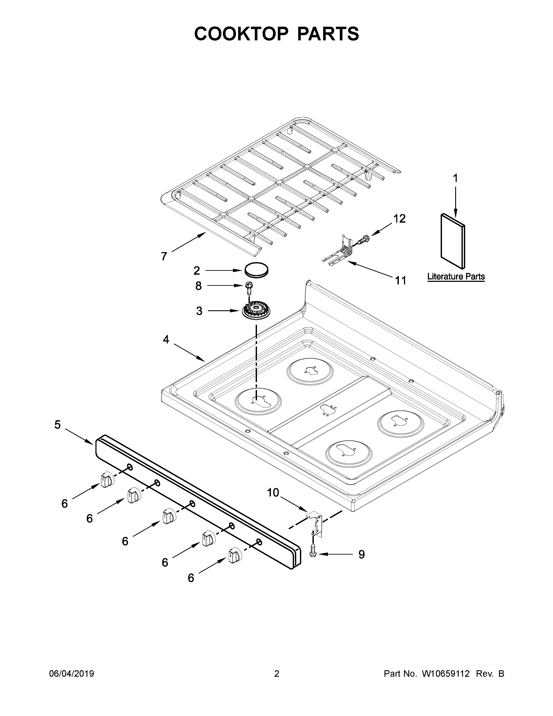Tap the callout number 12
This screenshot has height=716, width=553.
399,219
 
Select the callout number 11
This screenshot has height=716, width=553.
400,280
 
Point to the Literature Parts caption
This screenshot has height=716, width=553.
456,276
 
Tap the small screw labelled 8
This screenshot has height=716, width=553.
248,288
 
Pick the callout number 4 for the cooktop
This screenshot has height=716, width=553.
166,340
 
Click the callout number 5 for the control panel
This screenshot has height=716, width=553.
58,425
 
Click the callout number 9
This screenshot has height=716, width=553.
361,554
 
